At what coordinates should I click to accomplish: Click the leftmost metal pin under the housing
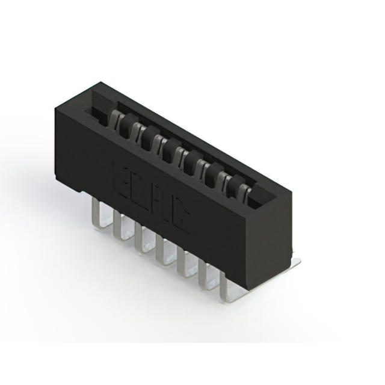[96, 214]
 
